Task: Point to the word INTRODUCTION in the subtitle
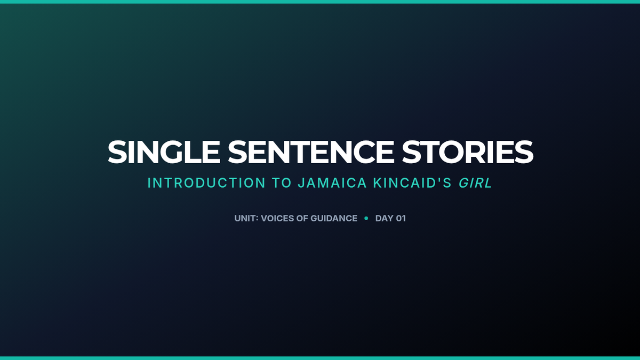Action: (206, 183)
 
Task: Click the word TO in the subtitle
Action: (282, 183)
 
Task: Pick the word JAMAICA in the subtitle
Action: (332, 183)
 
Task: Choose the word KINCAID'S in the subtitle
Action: (412, 183)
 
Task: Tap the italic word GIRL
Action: (475, 183)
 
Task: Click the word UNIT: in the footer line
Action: (246, 218)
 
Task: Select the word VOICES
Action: (277, 218)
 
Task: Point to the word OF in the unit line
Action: (302, 218)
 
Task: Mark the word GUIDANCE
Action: (334, 218)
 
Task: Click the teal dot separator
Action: (366, 218)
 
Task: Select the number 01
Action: (401, 218)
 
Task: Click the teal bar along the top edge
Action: (320, 2)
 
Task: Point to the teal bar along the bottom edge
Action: (320, 358)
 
